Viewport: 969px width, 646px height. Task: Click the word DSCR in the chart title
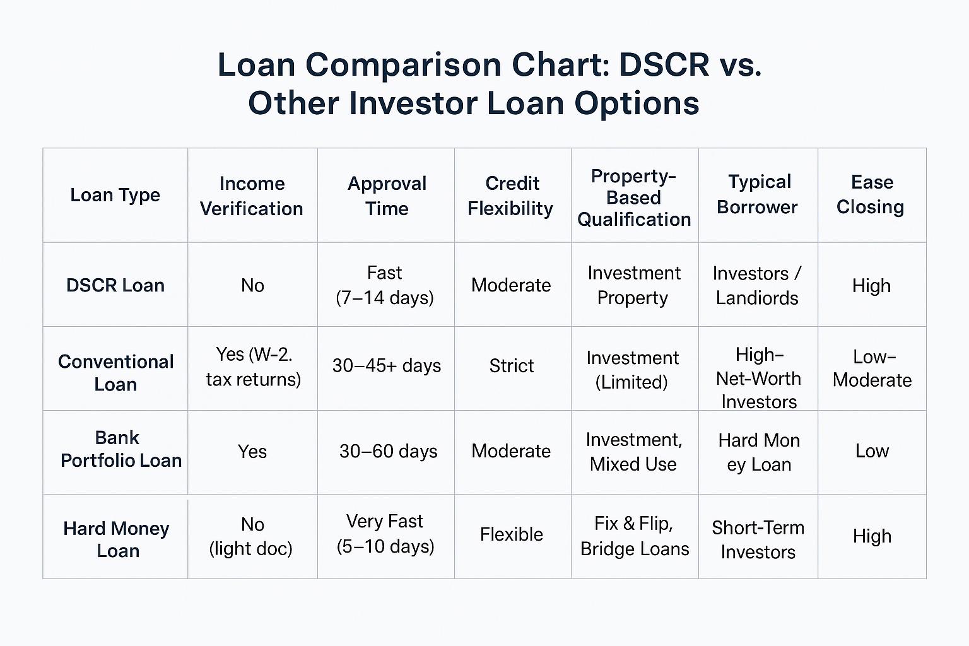pos(664,65)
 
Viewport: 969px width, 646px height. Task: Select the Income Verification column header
pos(252,196)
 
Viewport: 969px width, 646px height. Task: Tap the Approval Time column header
pos(387,196)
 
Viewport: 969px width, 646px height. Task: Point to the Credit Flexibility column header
pos(511,196)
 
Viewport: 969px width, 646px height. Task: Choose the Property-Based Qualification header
pos(634,197)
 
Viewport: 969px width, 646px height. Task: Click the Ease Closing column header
pos(871,194)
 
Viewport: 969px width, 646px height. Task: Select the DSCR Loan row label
pos(115,286)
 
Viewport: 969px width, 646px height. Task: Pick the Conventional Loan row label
pos(116,373)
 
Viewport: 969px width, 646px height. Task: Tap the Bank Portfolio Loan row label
pos(120,449)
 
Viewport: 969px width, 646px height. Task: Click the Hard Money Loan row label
pos(116,539)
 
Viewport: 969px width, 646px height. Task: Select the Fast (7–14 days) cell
pos(385,286)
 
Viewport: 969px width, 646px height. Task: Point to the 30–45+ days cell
pos(387,366)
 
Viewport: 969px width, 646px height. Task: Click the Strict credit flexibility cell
pos(512,366)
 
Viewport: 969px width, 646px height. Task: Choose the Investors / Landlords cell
pos(757,286)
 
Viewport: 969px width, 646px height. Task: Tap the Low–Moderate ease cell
pos(872,368)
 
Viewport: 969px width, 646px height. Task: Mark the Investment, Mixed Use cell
pos(634,452)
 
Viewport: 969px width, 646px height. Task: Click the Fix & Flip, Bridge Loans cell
pos(635,536)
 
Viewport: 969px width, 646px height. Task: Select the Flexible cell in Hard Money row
pos(512,534)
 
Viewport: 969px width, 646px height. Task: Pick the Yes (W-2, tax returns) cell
pos(254,367)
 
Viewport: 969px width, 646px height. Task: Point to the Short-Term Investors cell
pos(758,540)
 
